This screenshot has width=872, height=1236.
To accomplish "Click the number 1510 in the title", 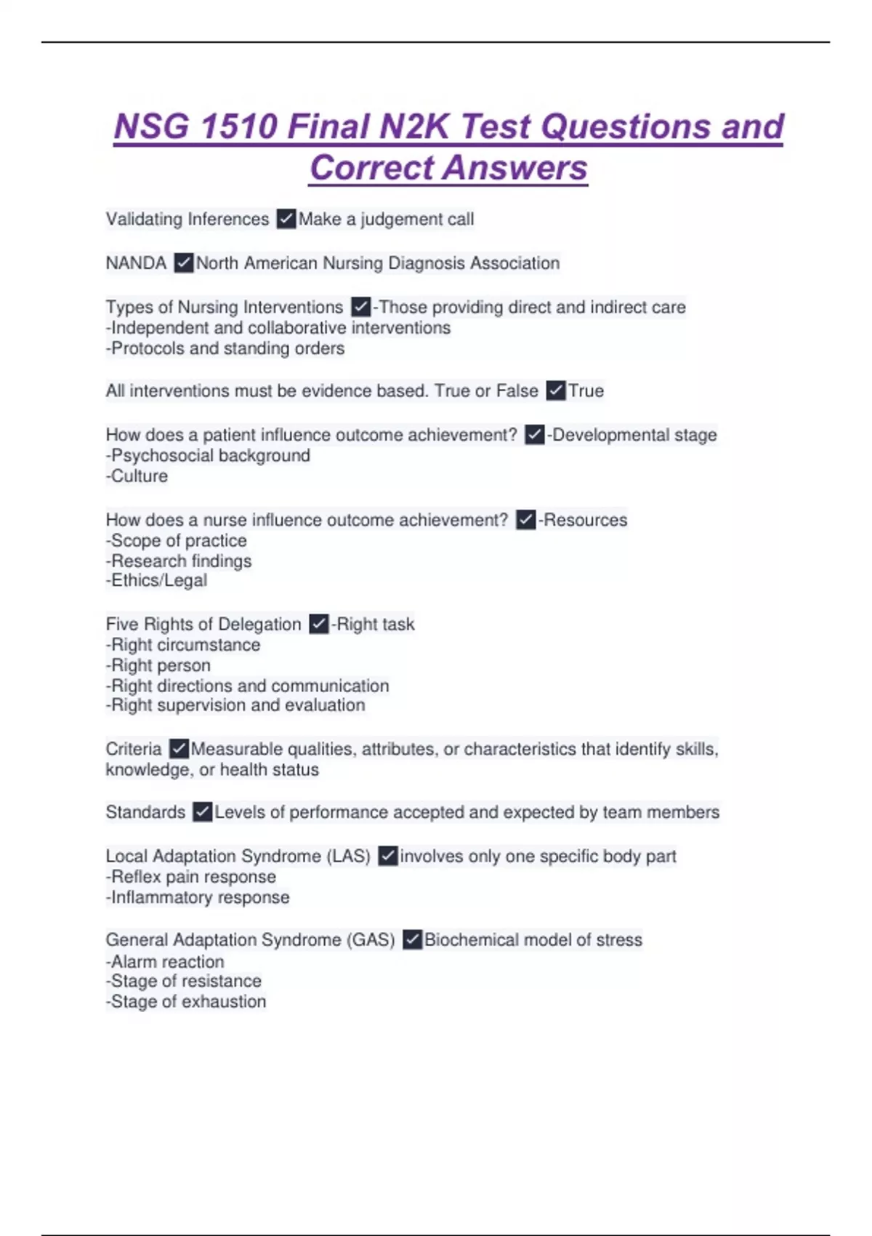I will tap(238, 127).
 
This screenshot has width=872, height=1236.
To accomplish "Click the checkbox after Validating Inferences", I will tap(286, 219).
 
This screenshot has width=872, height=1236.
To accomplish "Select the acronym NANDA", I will tap(136, 263).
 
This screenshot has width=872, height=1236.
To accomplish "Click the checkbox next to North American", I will tap(184, 263).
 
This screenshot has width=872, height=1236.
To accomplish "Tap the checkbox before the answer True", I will tap(556, 391).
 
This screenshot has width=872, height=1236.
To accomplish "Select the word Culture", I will tap(139, 476).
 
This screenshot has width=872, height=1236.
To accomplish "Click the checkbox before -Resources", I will tap(525, 520).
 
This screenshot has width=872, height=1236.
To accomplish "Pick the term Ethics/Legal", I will tap(158, 580).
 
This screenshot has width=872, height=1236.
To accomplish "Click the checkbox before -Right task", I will tap(318, 625).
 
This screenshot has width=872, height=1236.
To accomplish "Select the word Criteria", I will tap(134, 749).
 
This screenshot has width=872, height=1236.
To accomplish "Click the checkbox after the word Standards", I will tap(203, 812).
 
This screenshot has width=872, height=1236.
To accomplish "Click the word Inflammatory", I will tap(152, 898).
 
